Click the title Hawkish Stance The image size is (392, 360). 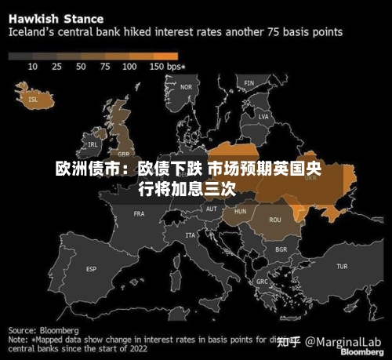coord(56,17)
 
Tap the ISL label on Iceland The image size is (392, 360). coord(32,100)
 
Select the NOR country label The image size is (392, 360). coord(186,87)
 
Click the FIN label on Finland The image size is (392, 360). coord(249,82)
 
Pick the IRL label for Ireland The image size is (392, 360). coord(93,144)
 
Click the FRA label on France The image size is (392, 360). coord(140,213)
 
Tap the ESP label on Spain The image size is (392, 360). coord(91,269)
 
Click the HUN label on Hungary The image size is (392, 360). coord(240,211)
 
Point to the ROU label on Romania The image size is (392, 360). coord(275,220)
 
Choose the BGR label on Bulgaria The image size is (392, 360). coord(281,249)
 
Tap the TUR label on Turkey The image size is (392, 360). coord(342,267)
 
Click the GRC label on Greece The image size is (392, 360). coord(262,281)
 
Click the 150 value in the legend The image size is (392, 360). coord(155,67)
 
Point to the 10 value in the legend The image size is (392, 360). coord(33,67)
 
